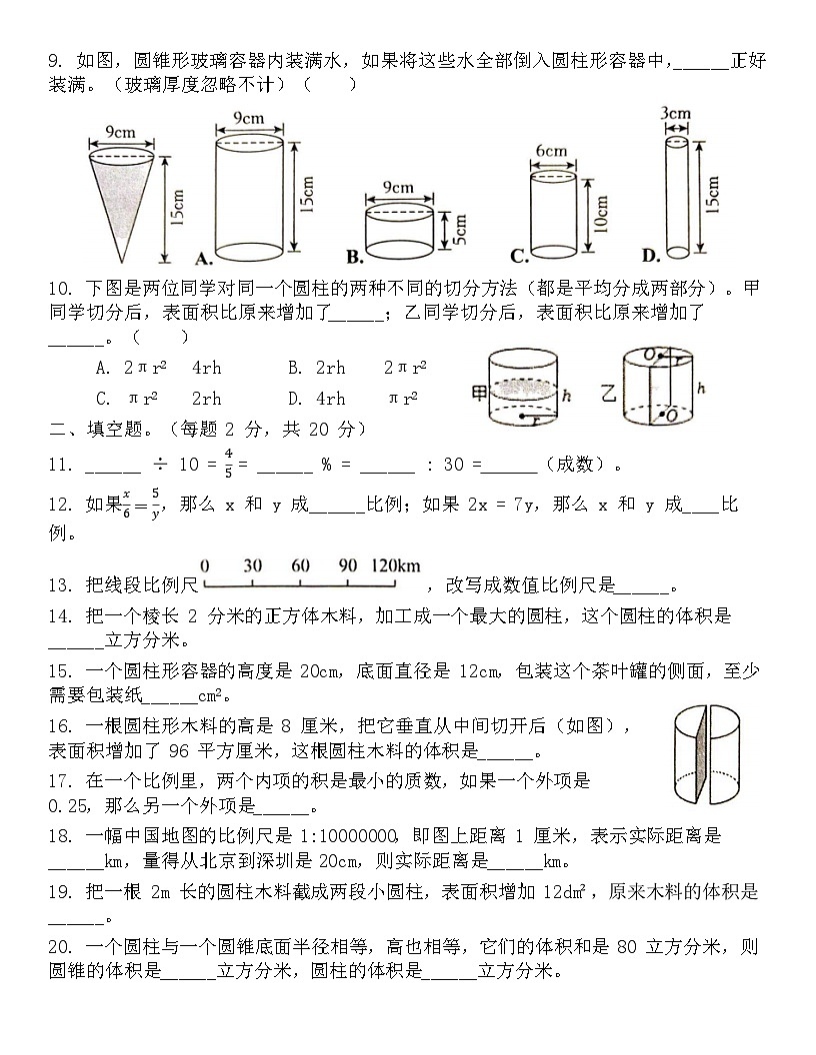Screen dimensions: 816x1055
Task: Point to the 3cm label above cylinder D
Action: [676, 113]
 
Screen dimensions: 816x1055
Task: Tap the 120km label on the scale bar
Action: [396, 565]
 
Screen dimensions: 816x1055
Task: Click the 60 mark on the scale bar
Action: [300, 565]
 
